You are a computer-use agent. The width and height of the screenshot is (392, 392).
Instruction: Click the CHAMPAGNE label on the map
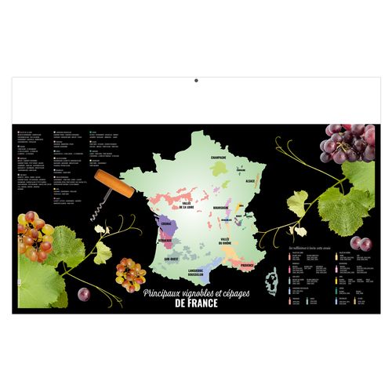tap(219, 157)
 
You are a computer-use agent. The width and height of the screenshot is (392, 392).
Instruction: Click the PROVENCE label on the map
tap(247, 265)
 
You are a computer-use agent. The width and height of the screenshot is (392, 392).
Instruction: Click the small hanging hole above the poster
tap(196, 80)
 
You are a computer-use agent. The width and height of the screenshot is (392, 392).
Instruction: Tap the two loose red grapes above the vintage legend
tap(360, 243)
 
